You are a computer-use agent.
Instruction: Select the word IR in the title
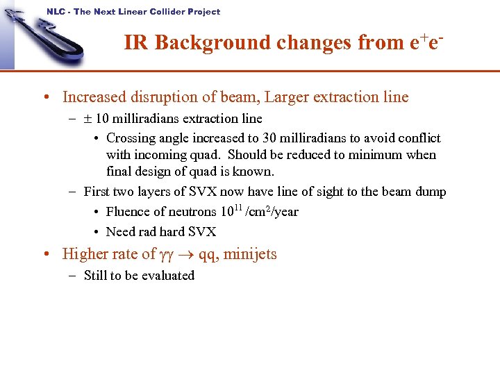tap(137, 43)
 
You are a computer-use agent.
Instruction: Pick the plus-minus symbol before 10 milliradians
tap(88, 119)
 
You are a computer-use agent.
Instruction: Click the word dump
tap(431, 192)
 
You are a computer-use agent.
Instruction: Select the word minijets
tap(249, 254)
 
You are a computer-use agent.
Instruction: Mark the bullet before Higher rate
tap(45, 254)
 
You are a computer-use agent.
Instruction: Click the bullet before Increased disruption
tap(45, 97)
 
